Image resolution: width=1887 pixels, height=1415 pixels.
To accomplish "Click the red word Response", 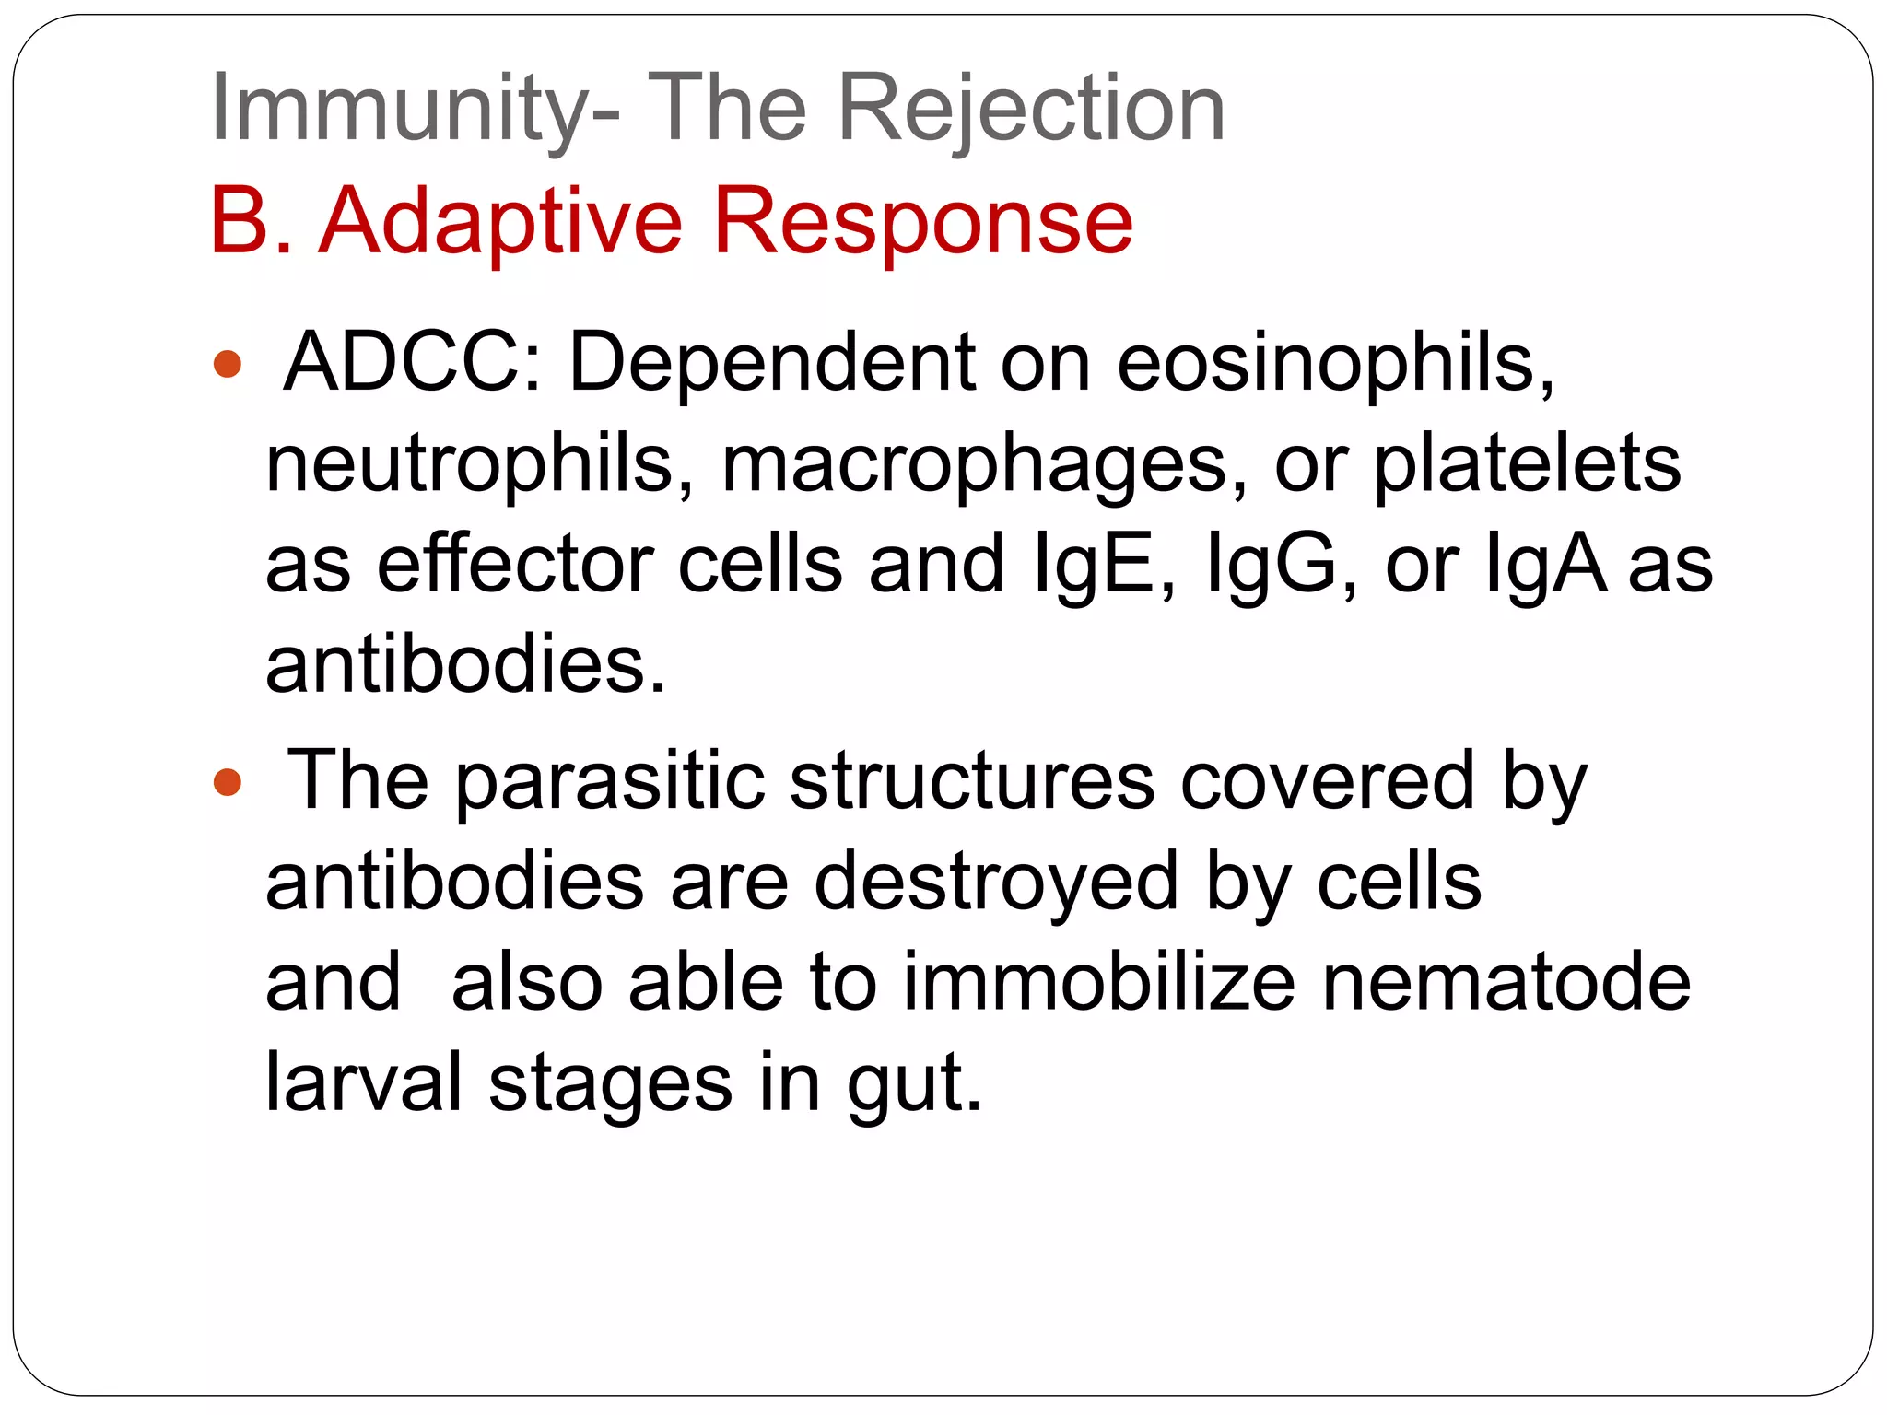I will click(922, 222).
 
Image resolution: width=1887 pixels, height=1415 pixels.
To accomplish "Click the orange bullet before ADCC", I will click(227, 364).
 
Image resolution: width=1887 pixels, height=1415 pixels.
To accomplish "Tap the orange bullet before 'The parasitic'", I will click(227, 783).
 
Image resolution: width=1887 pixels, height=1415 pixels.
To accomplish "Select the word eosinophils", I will click(1335, 362).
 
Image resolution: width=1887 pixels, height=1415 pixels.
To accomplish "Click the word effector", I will click(515, 564).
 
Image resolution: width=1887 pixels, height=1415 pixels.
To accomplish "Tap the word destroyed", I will click(996, 883).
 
